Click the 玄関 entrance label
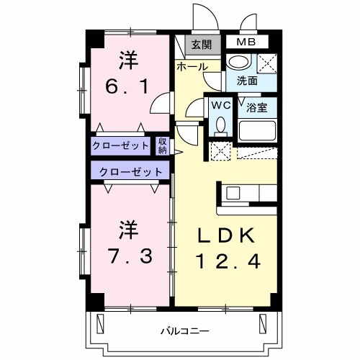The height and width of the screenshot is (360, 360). (201, 45)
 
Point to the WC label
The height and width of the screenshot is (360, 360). (220, 105)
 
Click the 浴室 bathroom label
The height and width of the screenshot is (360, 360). (257, 107)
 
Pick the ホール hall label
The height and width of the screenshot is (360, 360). (192, 67)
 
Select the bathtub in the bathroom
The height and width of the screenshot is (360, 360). (258, 131)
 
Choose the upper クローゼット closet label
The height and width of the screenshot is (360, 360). (120, 146)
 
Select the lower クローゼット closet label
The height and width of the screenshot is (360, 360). (130, 172)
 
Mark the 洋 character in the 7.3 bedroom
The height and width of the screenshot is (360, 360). (129, 230)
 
